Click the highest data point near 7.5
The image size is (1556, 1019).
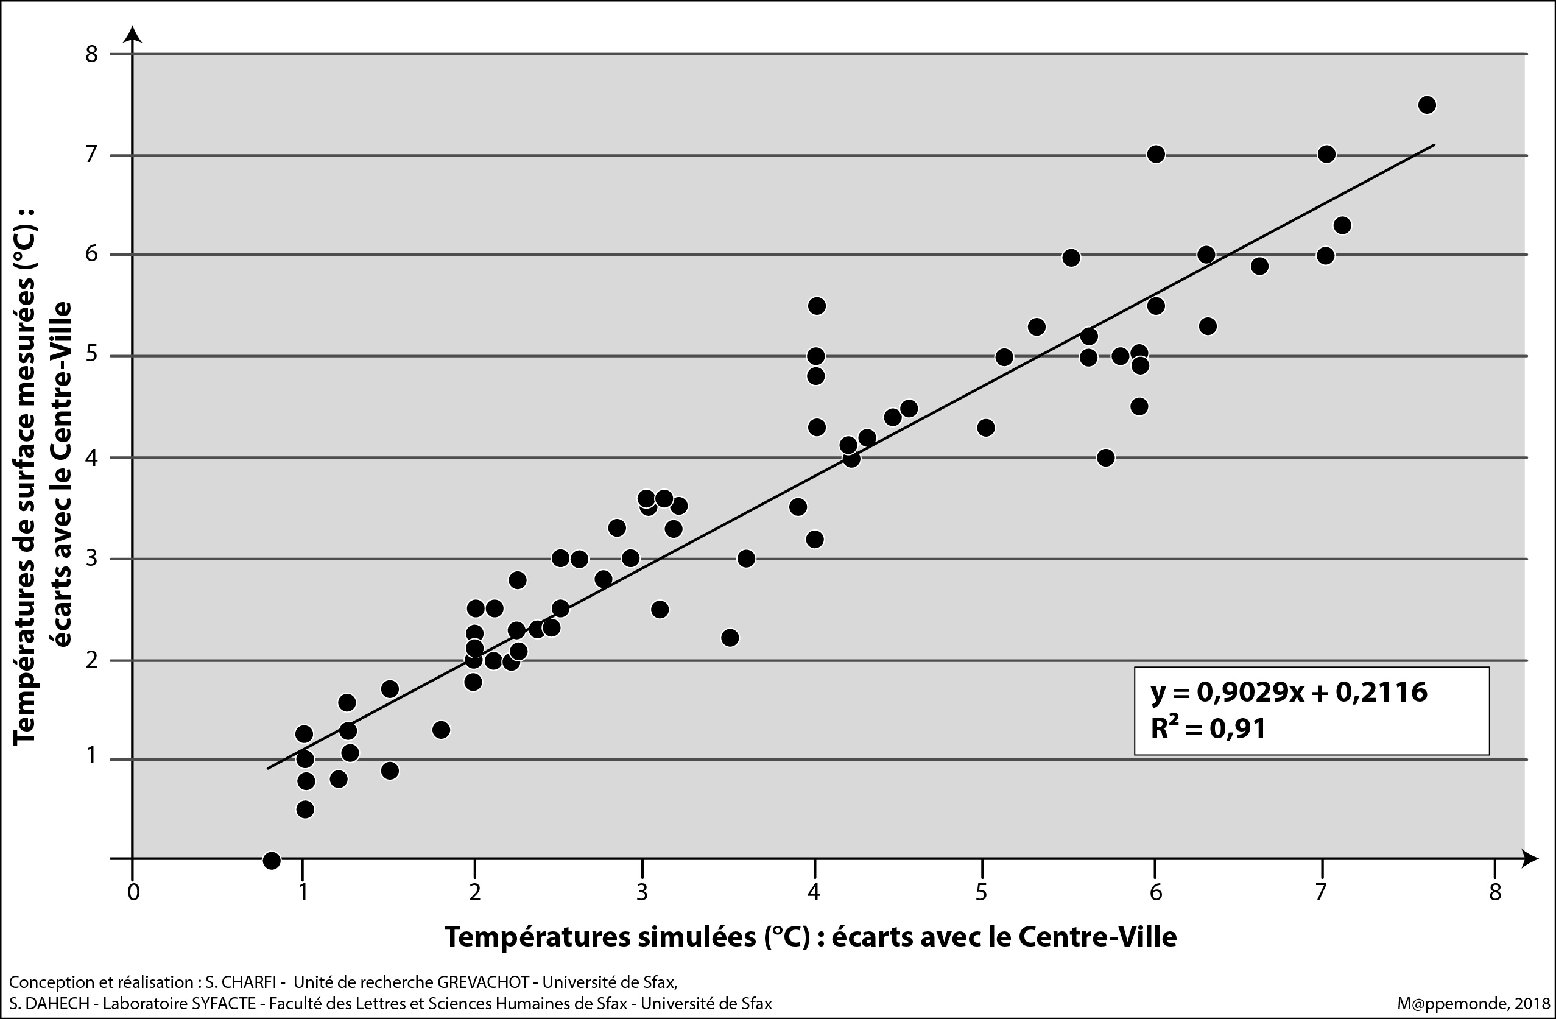pos(1428,105)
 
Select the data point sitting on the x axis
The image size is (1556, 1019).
pos(272,860)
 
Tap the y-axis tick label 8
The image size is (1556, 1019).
pos(91,54)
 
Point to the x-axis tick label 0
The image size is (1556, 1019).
pos(133,892)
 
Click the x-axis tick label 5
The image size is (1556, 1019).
pos(982,892)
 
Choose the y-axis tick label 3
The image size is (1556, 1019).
pos(91,559)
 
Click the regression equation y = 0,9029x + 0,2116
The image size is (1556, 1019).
pos(1289,691)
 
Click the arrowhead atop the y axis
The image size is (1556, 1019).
pos(133,34)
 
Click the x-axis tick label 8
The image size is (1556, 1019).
pos(1495,892)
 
